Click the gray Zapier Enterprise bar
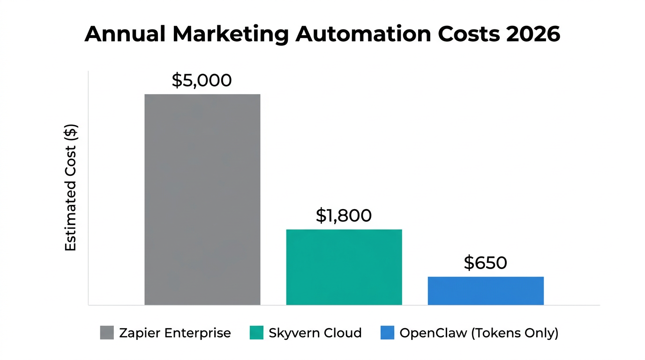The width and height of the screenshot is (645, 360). (x=202, y=199)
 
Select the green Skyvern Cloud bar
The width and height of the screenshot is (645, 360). (x=344, y=267)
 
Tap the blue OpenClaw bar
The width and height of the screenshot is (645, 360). (x=486, y=291)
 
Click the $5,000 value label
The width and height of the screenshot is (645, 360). (x=202, y=81)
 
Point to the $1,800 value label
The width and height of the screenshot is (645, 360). (x=344, y=215)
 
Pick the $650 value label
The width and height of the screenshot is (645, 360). (x=485, y=262)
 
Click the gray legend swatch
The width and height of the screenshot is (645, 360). (x=107, y=333)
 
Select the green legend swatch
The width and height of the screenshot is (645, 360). (x=257, y=333)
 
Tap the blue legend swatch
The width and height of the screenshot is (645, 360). (x=387, y=333)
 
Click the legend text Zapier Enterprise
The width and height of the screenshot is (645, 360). (x=175, y=333)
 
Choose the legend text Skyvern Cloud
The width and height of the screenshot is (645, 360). (x=315, y=333)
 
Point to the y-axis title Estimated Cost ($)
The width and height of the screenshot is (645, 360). (x=70, y=187)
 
